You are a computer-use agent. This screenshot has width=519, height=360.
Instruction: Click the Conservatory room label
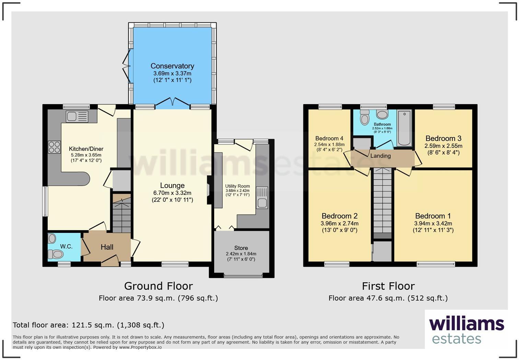point(172,66)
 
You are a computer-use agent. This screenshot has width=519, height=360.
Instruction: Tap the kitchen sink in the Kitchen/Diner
point(77,117)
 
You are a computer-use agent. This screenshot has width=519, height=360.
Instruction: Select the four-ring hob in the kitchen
point(55,147)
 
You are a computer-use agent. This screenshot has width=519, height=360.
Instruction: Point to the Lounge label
point(172,185)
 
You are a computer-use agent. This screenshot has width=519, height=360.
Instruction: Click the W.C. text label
point(66,246)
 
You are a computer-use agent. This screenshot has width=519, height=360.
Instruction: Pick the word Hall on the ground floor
point(107,247)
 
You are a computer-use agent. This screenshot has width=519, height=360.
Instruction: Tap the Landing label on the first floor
point(380,156)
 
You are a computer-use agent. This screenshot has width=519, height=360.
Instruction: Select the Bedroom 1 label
point(433,216)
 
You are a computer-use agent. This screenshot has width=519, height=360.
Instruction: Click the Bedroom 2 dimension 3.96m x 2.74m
point(339,223)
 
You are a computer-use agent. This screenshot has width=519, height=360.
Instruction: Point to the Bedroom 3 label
point(443,138)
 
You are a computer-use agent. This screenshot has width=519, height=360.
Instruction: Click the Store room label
point(241,248)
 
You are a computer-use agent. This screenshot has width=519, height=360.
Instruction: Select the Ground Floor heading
point(158,286)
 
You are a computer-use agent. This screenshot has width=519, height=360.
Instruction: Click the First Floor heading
point(388,286)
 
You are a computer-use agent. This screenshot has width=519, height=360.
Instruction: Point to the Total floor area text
point(89,325)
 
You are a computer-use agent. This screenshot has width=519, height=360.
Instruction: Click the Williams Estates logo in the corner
point(466,330)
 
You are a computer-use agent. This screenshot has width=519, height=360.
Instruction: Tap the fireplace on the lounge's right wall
point(208,190)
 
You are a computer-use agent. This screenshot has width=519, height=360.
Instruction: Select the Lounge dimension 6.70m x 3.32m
point(172,193)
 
